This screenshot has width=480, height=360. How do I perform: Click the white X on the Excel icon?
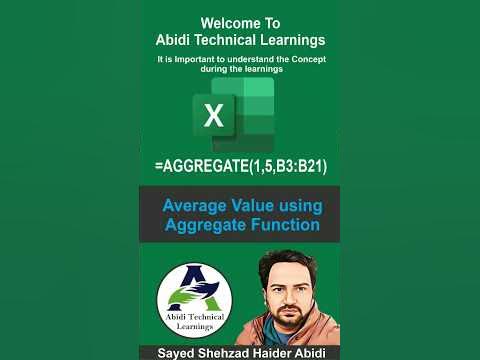[x=214, y=116]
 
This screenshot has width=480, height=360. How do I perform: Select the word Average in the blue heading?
[x=197, y=206]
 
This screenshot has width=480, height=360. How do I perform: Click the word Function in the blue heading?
[x=283, y=225]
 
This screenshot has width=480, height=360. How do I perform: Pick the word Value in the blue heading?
[x=256, y=206]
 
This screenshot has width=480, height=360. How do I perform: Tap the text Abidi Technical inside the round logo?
[x=194, y=316]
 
